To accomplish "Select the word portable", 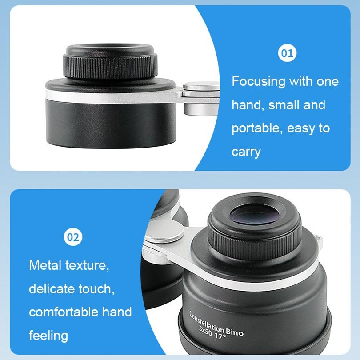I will point(256,128).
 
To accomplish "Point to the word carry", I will point(246,152).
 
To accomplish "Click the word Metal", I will point(46,266).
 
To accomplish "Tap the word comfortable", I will point(67,312).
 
